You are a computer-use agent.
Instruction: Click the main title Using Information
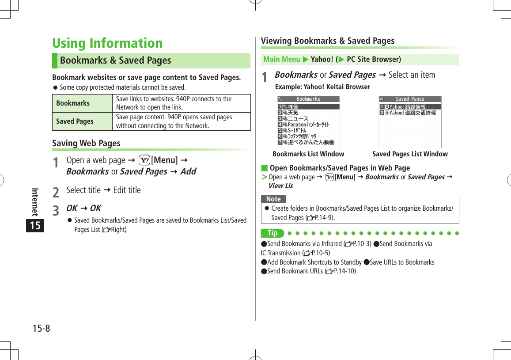(x=107, y=43)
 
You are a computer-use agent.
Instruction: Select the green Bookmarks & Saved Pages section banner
(x=151, y=61)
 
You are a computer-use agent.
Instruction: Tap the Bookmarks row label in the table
(x=73, y=103)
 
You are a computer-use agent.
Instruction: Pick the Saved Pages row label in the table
(x=75, y=121)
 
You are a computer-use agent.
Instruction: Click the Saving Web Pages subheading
(x=86, y=143)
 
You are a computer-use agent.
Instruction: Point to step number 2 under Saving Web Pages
(x=56, y=192)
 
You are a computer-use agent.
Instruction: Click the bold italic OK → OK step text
(x=83, y=208)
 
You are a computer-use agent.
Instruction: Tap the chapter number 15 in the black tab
(x=35, y=226)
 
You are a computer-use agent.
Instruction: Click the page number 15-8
(x=41, y=328)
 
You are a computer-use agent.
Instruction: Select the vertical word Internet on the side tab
(x=35, y=201)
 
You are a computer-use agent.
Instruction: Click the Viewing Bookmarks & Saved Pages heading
(x=327, y=41)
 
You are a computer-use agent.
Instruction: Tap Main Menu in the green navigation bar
(x=281, y=59)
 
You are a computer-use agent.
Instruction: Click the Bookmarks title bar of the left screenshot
(x=308, y=99)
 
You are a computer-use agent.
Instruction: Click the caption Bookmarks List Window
(x=308, y=154)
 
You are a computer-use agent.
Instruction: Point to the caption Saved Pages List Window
(x=410, y=154)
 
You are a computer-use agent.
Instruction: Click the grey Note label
(x=273, y=199)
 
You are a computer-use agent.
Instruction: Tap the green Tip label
(x=273, y=233)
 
